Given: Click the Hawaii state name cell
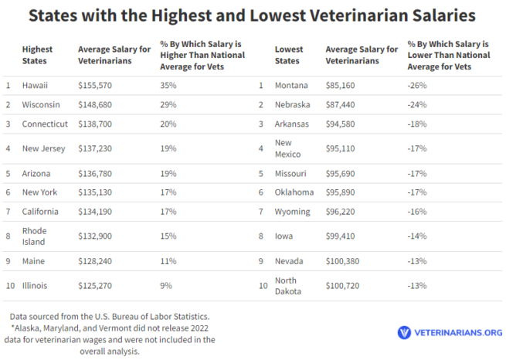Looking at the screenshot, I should click(35, 85).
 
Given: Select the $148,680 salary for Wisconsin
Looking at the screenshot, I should click(98, 104).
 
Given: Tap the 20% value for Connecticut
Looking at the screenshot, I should click(168, 124).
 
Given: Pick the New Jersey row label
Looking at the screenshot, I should click(44, 148).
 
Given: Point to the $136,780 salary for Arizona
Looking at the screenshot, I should click(98, 173).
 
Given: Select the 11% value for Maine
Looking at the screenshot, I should click(168, 261).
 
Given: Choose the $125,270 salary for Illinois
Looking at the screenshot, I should click(98, 286).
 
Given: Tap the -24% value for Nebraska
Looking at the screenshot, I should click(417, 104).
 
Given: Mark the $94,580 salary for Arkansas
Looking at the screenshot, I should click(346, 124).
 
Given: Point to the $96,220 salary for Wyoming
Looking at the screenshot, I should click(346, 212).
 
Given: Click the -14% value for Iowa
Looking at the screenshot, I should click(417, 236).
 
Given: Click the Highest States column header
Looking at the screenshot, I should click(37, 55).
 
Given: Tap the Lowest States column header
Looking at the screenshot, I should click(289, 55).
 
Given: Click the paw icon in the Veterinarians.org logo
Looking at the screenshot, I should click(404, 332).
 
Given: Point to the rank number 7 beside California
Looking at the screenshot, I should click(8, 212).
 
